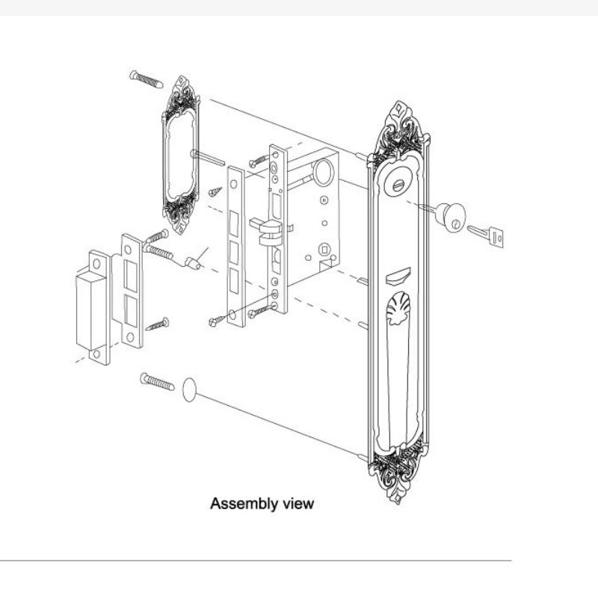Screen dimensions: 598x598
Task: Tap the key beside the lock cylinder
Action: point(487,235)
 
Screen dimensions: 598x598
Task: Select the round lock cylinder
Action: point(450,216)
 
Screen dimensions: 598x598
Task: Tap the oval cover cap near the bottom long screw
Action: point(189,389)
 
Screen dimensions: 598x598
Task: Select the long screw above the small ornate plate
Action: point(146,78)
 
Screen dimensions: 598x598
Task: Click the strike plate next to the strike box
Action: point(130,292)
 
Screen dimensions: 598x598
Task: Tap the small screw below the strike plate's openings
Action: point(157,324)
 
